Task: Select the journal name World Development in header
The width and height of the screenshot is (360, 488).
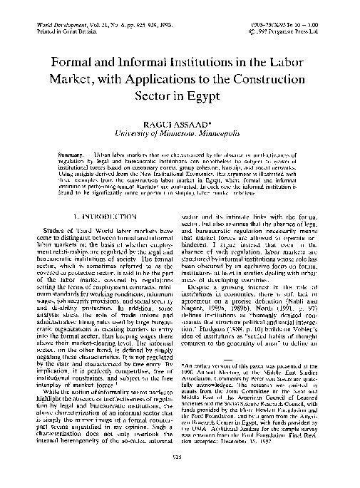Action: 60,24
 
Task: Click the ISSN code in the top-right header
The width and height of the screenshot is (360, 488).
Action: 284,24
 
